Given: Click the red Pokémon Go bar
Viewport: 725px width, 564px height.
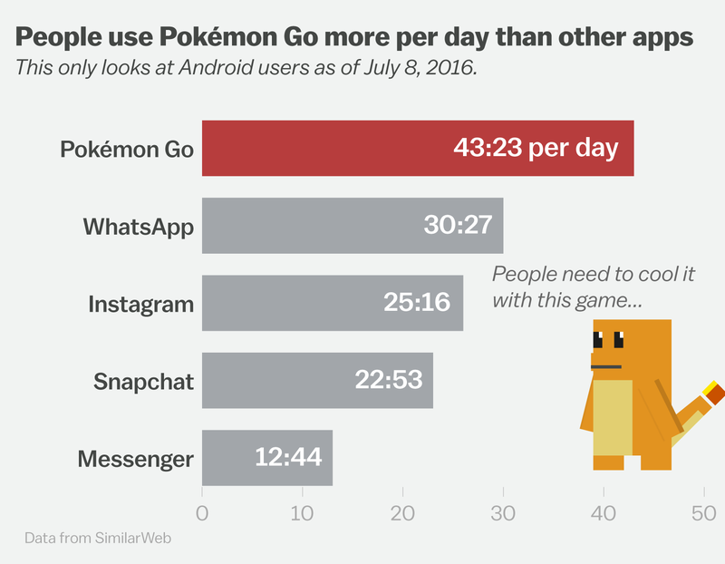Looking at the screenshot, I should coord(417,148).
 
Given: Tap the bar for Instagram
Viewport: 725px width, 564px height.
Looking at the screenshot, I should coord(332,302).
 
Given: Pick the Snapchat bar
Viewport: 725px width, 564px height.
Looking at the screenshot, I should coord(317,380).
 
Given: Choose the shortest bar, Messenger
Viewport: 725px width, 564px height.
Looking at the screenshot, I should coord(267,457).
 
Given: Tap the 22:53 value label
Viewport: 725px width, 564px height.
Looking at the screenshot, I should coord(387,380).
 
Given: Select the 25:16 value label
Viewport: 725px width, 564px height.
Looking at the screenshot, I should coord(417,302).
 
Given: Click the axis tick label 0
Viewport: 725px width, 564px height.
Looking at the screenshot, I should coord(202,513).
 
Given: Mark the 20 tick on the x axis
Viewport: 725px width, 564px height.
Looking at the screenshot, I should coord(402,513).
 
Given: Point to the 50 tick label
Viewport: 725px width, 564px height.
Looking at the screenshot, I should coord(704,513).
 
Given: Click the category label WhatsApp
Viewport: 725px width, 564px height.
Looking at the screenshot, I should coord(139,226).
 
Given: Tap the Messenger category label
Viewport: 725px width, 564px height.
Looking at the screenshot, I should coord(136,459).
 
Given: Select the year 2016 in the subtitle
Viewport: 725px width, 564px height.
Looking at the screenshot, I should coord(449,68).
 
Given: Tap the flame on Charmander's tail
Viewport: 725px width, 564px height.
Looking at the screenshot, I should coord(713,392).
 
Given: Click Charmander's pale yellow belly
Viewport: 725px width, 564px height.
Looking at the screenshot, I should coord(613,416).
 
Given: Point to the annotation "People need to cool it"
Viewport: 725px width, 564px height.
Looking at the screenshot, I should coord(593,275).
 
